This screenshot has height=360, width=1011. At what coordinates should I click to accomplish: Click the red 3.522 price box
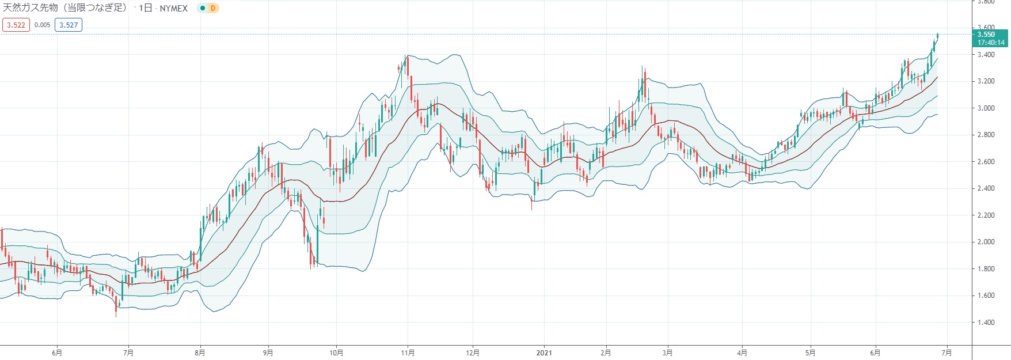[16, 25]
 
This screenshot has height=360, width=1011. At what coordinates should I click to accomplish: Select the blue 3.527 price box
[69, 25]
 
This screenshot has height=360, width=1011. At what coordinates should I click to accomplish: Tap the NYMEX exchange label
[173, 9]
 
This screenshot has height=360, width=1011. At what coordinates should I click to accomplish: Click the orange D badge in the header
[213, 9]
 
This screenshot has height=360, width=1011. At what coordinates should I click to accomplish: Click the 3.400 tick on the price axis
[986, 55]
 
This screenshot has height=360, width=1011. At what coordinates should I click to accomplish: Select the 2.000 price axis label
[986, 242]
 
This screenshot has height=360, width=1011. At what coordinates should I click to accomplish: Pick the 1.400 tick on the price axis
[986, 323]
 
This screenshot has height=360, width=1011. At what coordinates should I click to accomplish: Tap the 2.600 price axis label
[986, 162]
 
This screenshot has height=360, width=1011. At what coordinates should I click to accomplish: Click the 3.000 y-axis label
[986, 108]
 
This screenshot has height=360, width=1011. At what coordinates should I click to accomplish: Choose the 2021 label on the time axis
[544, 353]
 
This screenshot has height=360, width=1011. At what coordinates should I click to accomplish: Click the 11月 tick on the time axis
[408, 353]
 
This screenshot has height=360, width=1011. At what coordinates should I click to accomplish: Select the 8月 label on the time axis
[200, 353]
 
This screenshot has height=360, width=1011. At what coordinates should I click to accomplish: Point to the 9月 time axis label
[268, 353]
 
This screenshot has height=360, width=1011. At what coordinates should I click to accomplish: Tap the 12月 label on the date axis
[473, 353]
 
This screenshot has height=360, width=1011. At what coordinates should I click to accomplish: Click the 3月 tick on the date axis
[667, 353]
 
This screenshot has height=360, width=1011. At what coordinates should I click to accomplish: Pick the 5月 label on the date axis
[810, 353]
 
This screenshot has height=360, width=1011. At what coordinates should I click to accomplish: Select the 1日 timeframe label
[146, 9]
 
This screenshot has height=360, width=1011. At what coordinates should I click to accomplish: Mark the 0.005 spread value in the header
[42, 25]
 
